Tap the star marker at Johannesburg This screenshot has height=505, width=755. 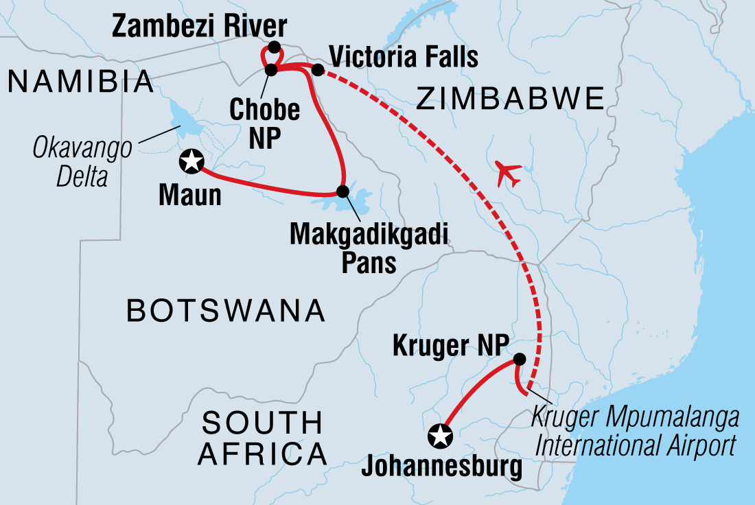tap(440, 434)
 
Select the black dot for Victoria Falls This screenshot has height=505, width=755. tap(317, 69)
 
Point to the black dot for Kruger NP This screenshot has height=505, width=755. tap(520, 359)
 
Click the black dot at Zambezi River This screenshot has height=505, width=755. tap(274, 47)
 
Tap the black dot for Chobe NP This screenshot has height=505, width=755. tap(270, 69)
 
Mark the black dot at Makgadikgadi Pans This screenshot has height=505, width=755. tap(342, 190)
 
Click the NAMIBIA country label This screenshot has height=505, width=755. tap(80, 82)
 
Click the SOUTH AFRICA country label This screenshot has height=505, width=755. tap(262, 437)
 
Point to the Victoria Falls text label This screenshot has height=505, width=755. tap(404, 57)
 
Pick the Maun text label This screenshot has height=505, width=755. tap(190, 195)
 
